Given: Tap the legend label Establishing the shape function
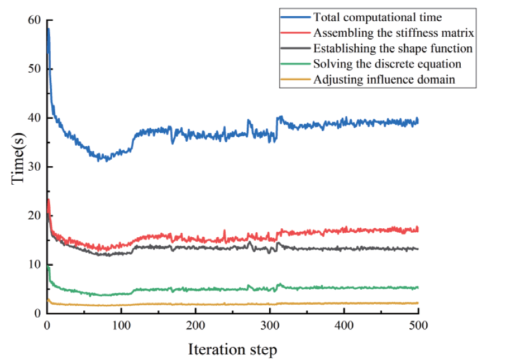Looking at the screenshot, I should pos(393,48).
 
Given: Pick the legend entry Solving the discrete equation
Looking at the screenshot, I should pos(387,64).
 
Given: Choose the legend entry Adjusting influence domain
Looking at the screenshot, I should pos(384,79).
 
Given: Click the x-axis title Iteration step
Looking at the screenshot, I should pos(232,350).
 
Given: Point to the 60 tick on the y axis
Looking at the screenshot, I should pos(34,20).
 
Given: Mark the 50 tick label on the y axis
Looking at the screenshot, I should pos(34,69).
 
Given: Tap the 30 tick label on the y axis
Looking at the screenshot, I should pos(34,167).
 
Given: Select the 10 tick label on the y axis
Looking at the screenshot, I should pos(34,265).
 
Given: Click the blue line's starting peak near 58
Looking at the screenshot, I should pos(49,29).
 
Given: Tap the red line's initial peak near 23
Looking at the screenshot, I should pos(49,199).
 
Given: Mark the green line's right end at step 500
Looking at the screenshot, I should pos(418,288).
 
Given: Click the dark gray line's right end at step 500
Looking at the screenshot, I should pos(418,249).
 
